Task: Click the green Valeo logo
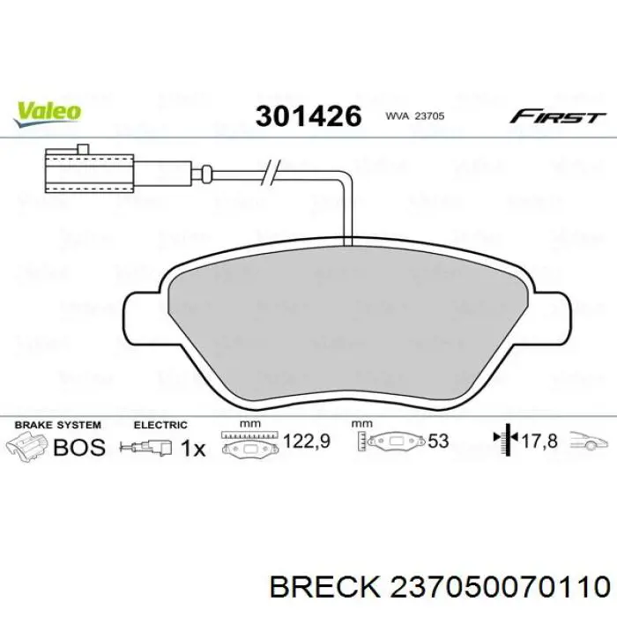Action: coord(48,114)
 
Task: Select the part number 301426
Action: coord(308,116)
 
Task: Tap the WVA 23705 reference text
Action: coord(415,116)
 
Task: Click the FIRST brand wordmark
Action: coord(557,116)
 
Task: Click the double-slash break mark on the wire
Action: coord(271,173)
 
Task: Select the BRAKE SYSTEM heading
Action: coord(58,425)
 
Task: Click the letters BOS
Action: coord(79,448)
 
